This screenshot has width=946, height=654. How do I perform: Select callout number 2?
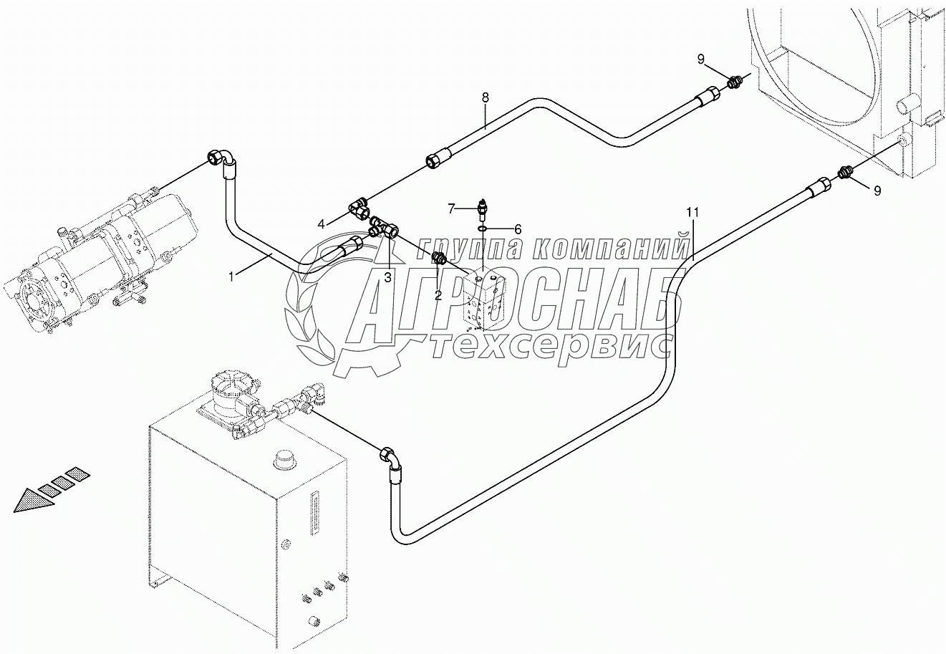pos(438,294)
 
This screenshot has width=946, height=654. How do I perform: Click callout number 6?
pos(517,229)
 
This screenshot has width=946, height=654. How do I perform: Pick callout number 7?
pos(452,208)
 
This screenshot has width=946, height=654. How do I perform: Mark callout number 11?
pos(691,212)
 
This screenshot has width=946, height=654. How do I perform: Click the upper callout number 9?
pos(702,59)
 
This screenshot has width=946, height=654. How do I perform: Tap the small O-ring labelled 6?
pos(485,229)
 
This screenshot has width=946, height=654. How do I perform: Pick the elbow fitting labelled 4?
pos(360,208)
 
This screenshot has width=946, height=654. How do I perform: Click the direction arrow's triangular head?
pos(33,499)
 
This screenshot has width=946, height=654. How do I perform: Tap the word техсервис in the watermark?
pos(551,347)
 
